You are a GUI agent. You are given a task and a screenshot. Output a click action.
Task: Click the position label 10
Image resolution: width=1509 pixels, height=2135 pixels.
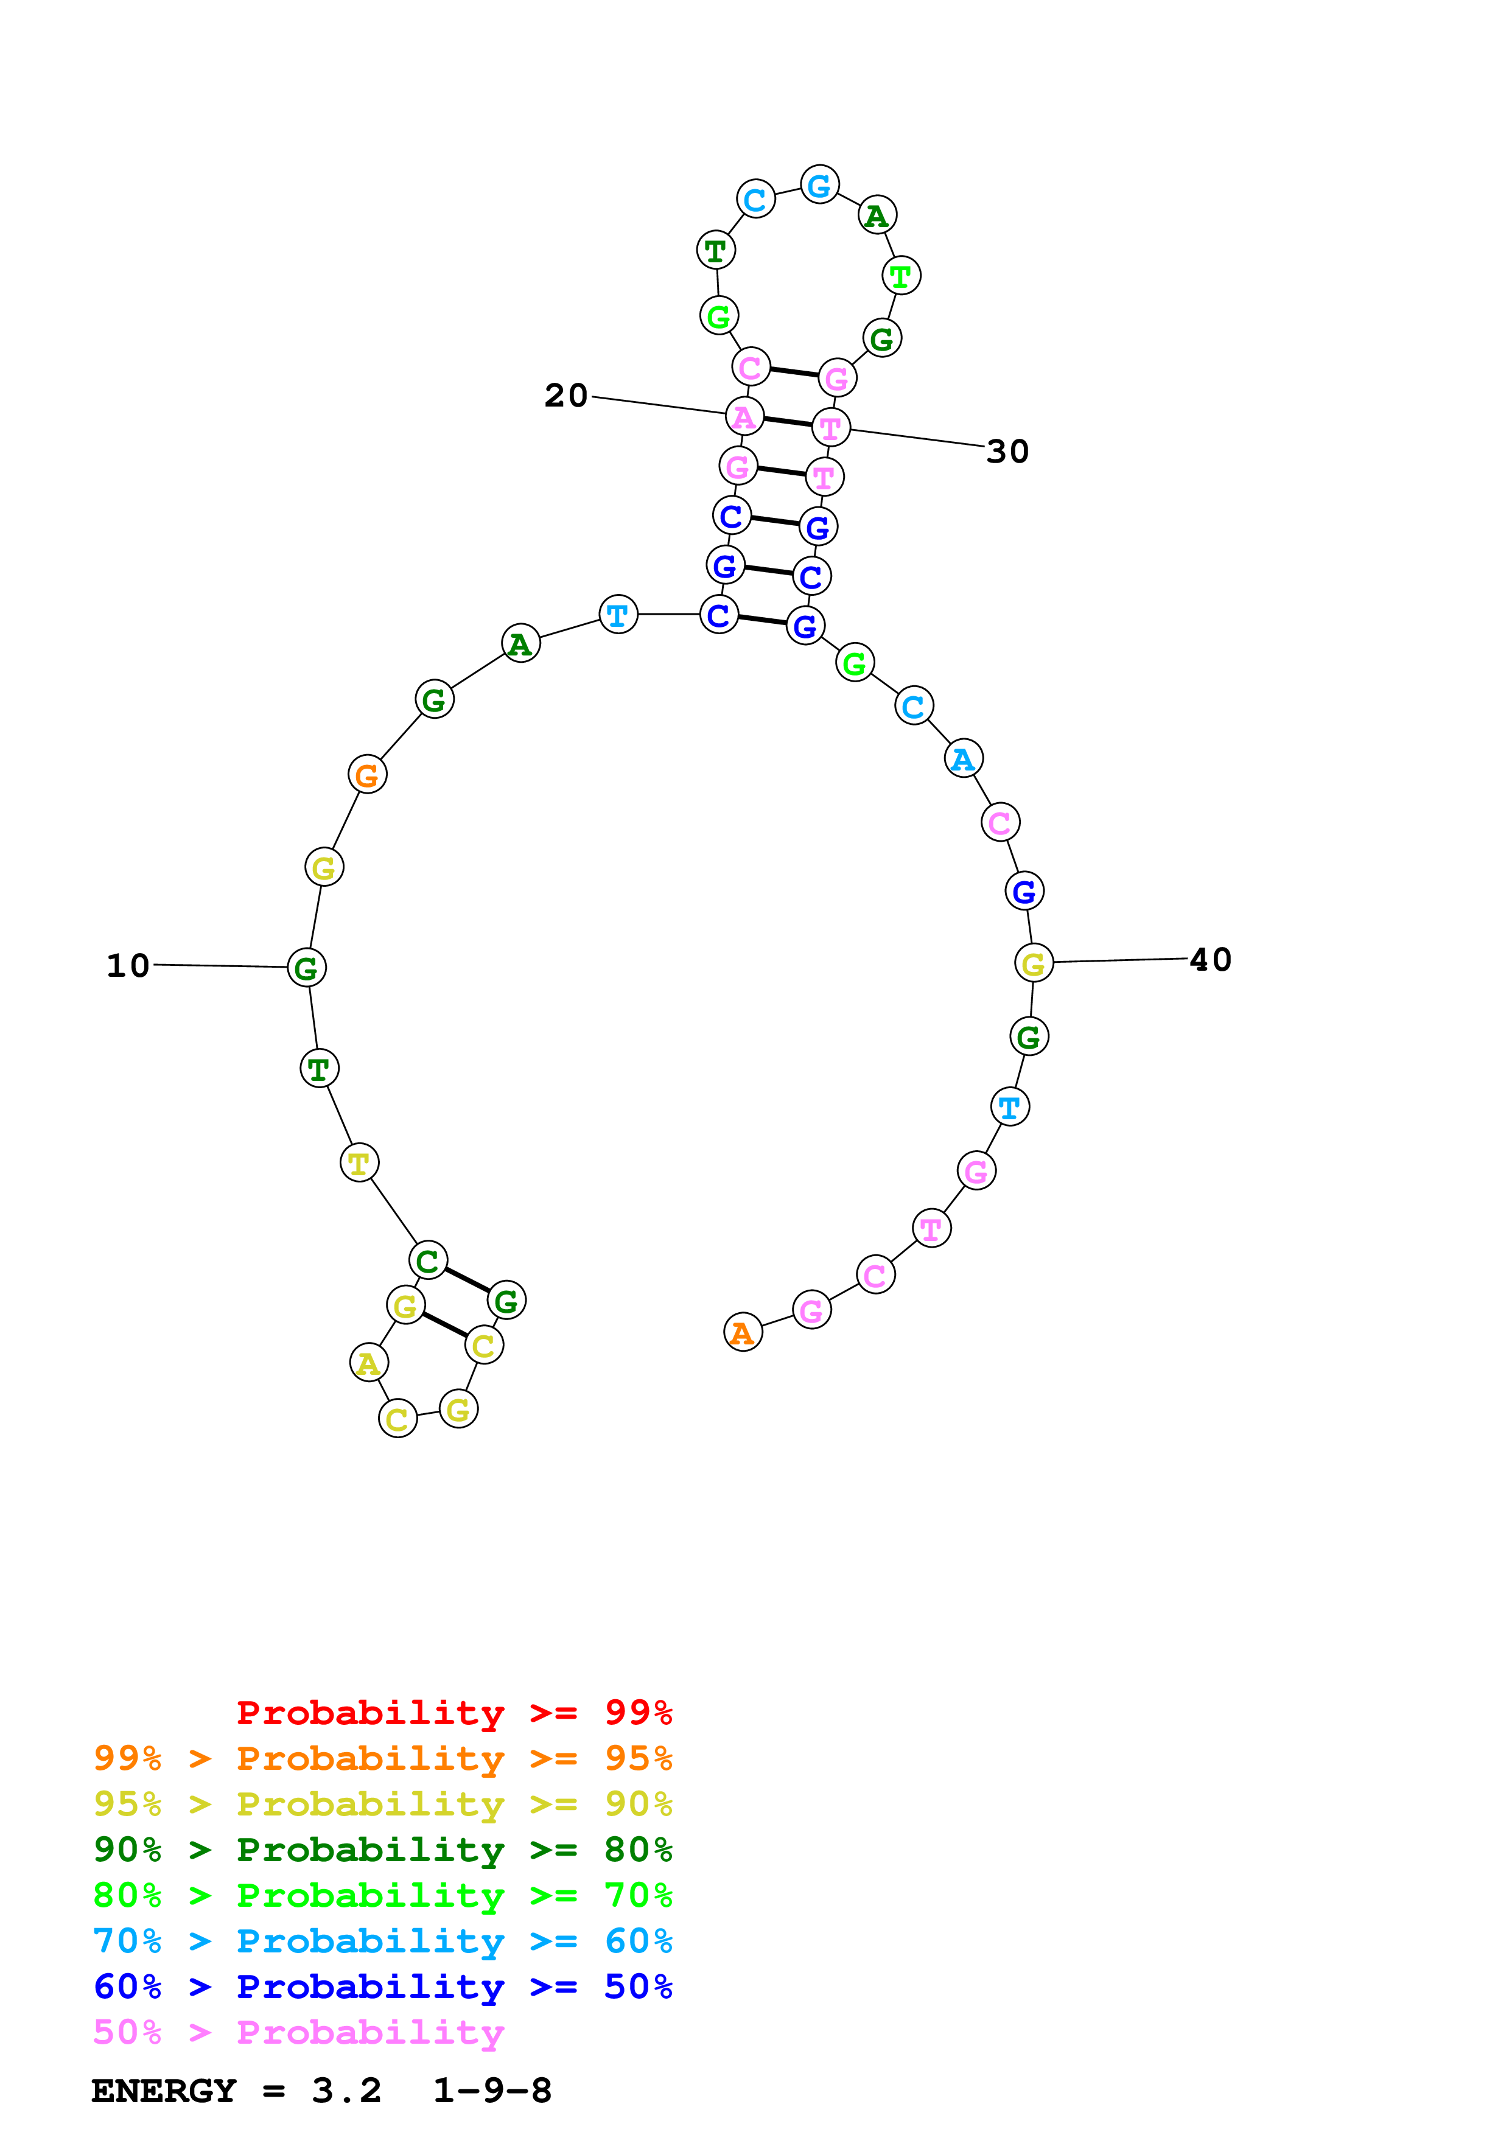128,965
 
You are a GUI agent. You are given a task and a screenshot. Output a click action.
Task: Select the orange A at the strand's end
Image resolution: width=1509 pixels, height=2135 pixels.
742,1332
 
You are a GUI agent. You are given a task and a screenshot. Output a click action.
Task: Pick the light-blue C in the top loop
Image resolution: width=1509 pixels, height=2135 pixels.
755,199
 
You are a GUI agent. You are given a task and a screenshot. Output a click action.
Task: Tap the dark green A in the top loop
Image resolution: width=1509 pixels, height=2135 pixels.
877,215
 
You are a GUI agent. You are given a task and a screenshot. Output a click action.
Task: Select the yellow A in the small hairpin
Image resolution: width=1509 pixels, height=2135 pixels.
368,1363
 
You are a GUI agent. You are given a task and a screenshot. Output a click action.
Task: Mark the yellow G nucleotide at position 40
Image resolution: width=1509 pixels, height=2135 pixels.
1033,963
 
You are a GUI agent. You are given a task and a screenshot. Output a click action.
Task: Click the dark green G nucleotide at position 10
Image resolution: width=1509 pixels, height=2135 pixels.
307,968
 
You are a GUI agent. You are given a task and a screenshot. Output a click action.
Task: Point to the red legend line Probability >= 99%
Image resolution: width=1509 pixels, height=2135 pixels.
453,1712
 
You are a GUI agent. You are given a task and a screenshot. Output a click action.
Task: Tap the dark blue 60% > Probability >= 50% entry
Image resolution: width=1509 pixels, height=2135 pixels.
382,1986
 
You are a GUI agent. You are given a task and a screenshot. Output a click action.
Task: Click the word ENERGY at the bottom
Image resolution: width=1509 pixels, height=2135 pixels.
164,2091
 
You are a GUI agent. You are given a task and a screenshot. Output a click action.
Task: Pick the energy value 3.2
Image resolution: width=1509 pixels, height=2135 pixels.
346,2091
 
